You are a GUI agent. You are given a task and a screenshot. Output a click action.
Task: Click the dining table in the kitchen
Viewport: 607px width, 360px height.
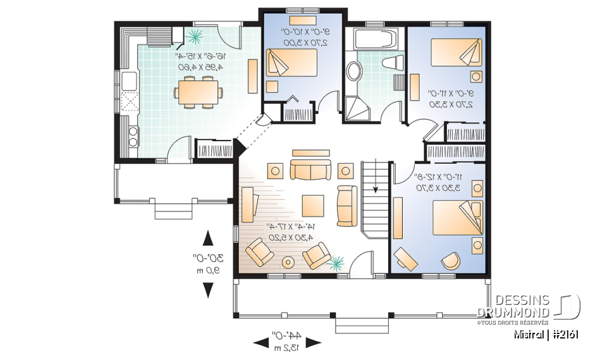198,91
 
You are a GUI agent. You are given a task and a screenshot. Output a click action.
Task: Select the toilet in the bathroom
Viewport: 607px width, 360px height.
394,63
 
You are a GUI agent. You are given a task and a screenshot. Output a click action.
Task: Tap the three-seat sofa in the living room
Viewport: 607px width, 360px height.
310,170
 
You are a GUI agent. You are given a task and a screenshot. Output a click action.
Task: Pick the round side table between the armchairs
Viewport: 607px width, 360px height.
288,262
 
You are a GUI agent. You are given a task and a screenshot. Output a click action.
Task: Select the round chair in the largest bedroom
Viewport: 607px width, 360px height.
450,260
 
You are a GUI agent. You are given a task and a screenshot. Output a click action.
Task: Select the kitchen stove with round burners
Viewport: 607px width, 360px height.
133,135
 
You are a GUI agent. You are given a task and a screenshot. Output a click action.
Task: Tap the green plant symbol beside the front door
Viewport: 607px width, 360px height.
336,261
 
